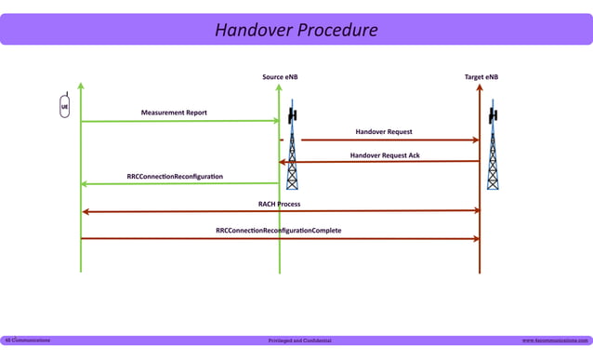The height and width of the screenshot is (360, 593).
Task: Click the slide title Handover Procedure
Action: (x=296, y=30)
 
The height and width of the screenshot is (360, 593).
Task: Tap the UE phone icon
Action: (x=64, y=106)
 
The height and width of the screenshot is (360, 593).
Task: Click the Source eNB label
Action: (x=280, y=77)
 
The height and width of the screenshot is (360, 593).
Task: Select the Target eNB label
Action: (x=481, y=77)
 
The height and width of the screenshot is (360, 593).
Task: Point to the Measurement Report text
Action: (x=174, y=113)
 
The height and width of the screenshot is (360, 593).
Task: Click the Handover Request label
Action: (x=383, y=132)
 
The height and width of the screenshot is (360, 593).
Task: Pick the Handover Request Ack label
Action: (x=384, y=155)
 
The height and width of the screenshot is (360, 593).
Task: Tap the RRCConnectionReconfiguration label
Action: (x=175, y=177)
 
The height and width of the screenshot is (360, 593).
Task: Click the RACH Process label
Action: (x=279, y=204)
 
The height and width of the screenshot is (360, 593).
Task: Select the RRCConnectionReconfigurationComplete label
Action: (x=278, y=231)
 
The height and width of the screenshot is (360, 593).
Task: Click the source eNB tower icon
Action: (x=292, y=149)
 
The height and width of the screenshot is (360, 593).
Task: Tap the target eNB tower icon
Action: (x=493, y=149)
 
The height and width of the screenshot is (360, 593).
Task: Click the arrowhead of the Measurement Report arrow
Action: (x=275, y=121)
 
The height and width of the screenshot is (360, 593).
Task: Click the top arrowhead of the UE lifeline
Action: (x=81, y=87)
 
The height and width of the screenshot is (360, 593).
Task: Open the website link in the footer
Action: (x=555, y=340)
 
